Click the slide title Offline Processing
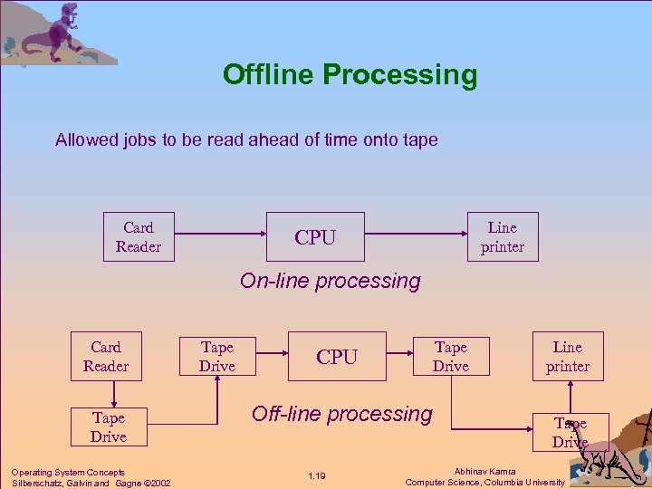350,74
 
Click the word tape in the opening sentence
420,139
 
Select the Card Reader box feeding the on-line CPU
139,237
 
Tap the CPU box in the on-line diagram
314,237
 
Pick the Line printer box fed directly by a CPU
502,237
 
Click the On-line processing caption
330,281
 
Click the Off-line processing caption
341,414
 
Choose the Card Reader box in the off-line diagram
106,357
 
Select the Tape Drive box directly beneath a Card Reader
108,427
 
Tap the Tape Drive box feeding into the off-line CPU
216,357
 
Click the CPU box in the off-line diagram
337,357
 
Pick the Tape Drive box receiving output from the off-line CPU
450,357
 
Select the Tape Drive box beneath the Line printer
570,433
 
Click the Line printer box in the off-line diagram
568,357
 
